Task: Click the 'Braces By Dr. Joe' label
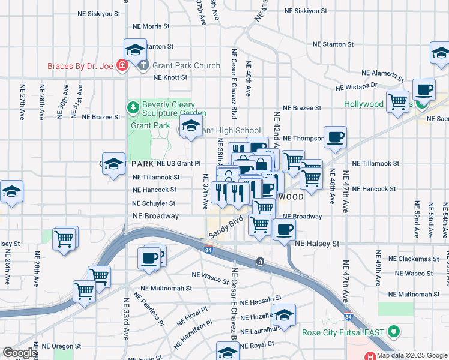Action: click(x=82, y=65)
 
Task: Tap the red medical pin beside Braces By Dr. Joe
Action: click(x=122, y=65)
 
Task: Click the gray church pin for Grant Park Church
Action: click(x=143, y=65)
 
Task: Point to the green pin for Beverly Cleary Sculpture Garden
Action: click(x=133, y=107)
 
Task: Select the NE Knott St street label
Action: click(x=170, y=77)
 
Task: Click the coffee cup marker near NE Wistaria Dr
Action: click(x=424, y=89)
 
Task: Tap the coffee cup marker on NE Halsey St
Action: click(x=284, y=229)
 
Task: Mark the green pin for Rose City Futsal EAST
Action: click(x=394, y=331)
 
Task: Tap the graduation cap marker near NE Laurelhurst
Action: click(x=284, y=314)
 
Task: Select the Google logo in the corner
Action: click(x=19, y=353)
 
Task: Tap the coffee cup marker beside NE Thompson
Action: click(x=334, y=137)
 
